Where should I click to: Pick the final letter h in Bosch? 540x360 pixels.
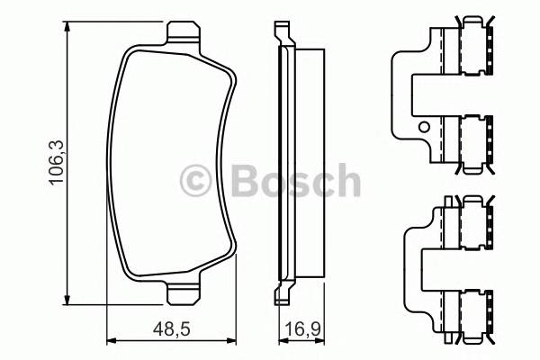point(345,181)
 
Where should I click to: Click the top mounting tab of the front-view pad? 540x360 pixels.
point(183,33)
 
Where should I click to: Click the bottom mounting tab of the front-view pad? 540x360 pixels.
point(183,294)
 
